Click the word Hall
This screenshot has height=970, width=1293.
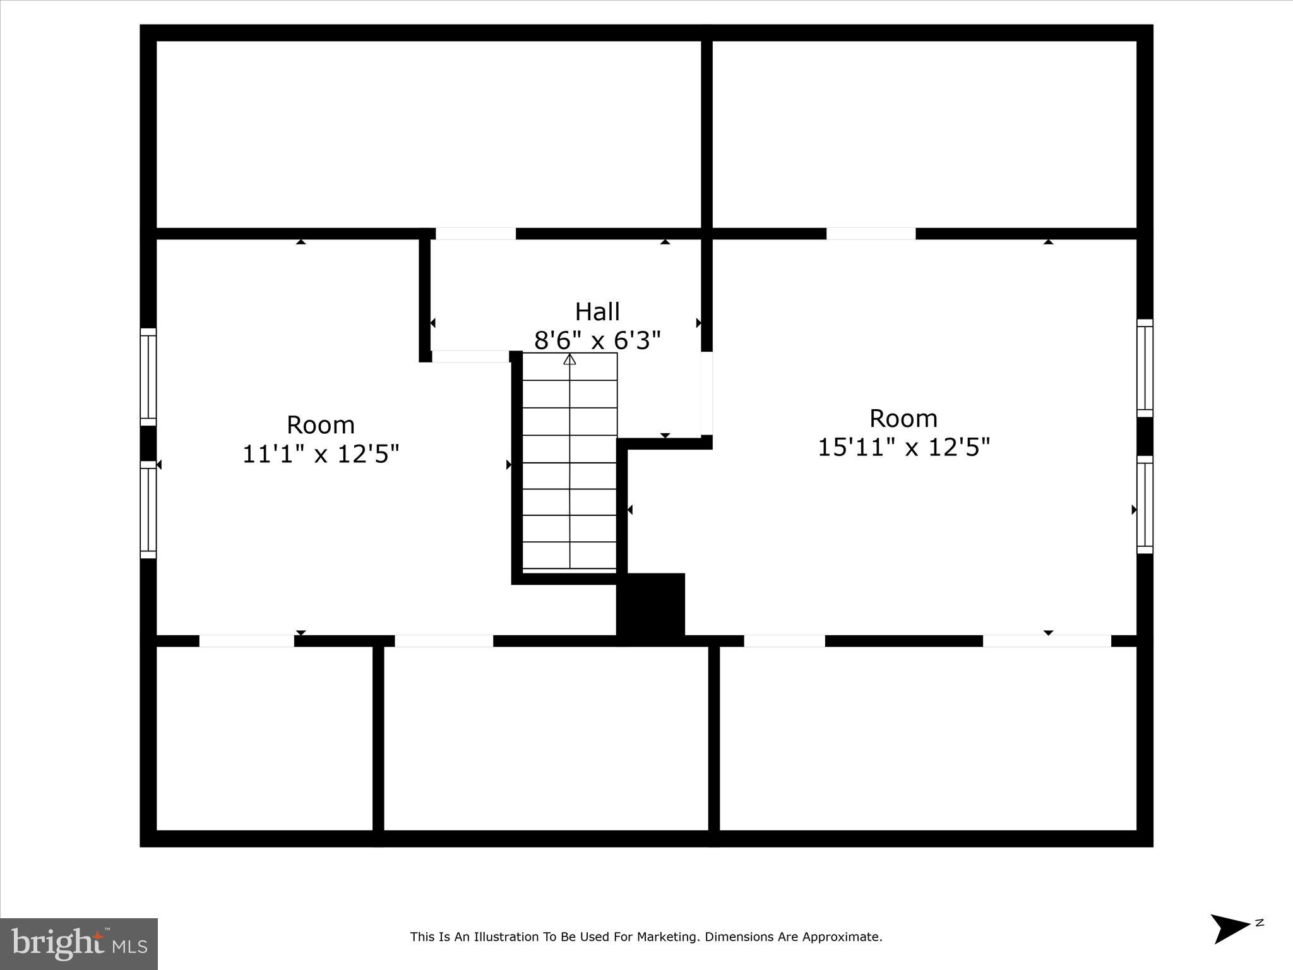[597, 312]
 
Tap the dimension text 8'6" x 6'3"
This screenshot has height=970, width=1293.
[597, 341]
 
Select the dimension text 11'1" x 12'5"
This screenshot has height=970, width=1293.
[321, 454]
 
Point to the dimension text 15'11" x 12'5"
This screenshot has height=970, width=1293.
[903, 448]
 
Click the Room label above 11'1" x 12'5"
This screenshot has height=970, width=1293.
[321, 425]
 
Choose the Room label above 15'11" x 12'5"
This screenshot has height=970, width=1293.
[903, 419]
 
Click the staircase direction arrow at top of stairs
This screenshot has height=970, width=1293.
[569, 359]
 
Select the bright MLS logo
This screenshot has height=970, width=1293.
[79, 943]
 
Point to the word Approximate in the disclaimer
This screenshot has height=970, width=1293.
[842, 937]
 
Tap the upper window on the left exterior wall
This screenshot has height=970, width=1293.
[148, 377]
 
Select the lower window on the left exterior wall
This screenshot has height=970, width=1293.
[148, 510]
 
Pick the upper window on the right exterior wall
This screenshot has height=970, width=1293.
[1145, 368]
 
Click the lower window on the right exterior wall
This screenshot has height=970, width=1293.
[1145, 505]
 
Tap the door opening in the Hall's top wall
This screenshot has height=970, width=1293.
[475, 234]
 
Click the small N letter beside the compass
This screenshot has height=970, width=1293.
[1260, 923]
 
